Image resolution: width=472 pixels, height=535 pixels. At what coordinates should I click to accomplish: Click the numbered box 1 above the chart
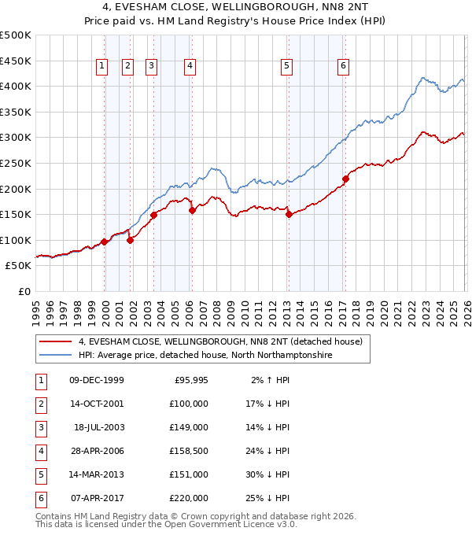(x=102, y=67)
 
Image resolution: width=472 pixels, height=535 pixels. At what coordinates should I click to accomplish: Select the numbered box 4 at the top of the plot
(x=190, y=67)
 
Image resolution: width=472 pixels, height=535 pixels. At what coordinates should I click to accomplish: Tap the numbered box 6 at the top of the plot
(x=344, y=67)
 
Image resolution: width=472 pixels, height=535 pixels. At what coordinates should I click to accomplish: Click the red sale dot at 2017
(x=345, y=179)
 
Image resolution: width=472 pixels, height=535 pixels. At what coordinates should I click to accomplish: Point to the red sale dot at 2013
(x=289, y=214)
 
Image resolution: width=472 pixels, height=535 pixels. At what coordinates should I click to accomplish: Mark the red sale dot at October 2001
(x=130, y=240)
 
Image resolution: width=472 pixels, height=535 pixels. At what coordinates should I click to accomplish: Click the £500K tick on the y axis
(x=16, y=35)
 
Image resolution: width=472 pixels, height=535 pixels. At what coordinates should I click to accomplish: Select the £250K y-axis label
(x=16, y=163)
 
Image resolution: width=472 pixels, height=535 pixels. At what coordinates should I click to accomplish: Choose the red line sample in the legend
(x=56, y=342)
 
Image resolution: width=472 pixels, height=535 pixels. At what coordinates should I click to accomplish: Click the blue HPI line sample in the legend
(x=56, y=356)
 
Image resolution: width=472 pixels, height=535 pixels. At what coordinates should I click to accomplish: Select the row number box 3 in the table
(x=40, y=427)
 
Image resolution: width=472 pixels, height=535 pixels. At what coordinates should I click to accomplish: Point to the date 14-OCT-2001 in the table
(x=97, y=404)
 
